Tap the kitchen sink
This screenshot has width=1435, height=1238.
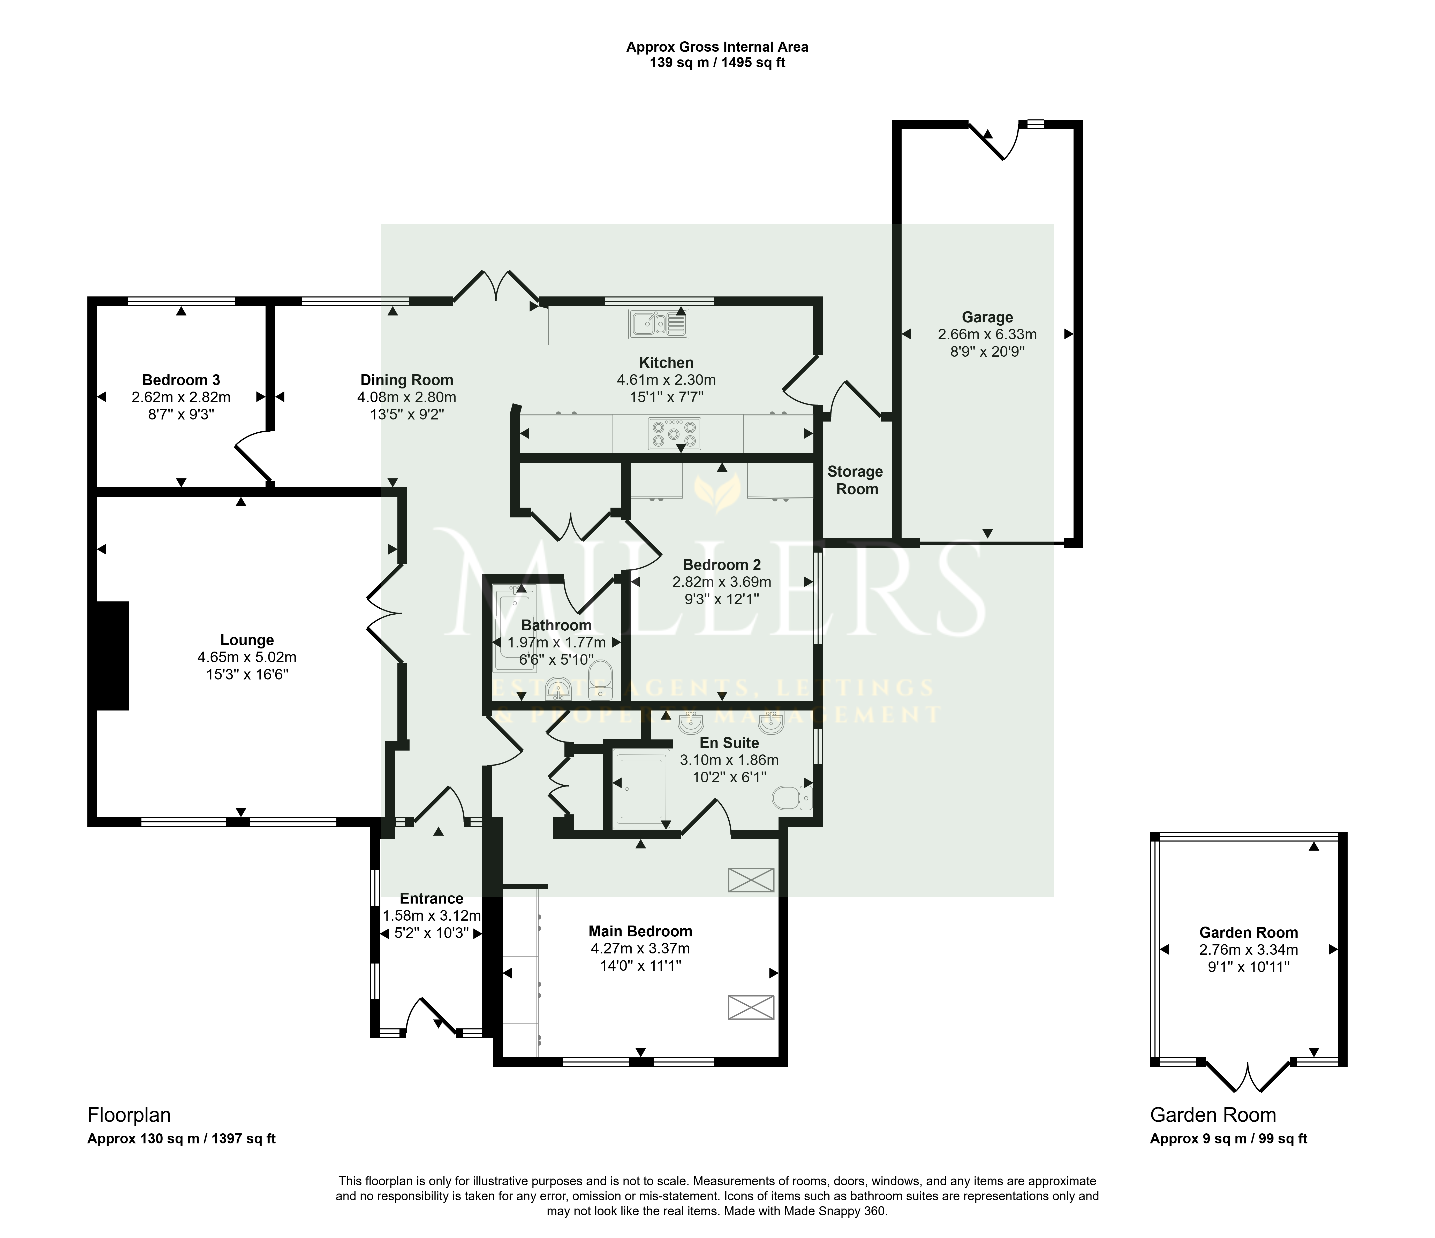(659, 324)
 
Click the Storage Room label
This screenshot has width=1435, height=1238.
(856, 480)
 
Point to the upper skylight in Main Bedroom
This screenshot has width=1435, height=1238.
(751, 880)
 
